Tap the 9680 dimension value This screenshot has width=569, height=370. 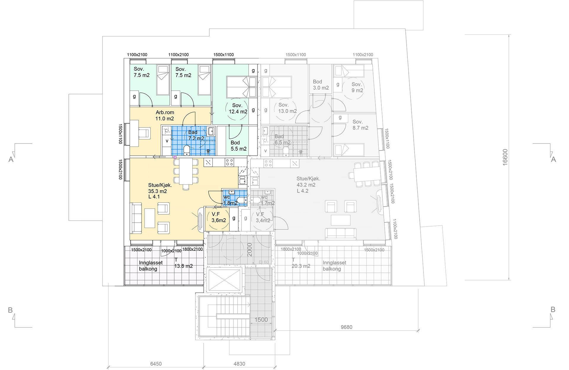tap(346, 327)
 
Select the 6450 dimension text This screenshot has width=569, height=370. tap(156, 364)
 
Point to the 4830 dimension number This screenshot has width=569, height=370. tap(239, 364)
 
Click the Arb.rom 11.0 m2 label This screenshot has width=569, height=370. tap(165, 116)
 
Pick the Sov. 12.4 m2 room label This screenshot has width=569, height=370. tap(238, 109)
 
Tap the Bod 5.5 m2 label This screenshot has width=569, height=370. tap(239, 146)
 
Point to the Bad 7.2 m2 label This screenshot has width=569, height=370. tap(196, 135)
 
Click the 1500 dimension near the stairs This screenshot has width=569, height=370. tap(261, 320)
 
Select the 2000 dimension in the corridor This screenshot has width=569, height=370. tap(250, 250)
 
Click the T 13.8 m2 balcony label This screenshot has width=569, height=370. tap(183, 263)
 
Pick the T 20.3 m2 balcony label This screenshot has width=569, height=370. tap(301, 263)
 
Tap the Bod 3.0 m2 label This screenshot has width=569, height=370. tap(321, 85)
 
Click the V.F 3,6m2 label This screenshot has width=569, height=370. tap(219, 217)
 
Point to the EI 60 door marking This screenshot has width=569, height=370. tap(263, 262)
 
